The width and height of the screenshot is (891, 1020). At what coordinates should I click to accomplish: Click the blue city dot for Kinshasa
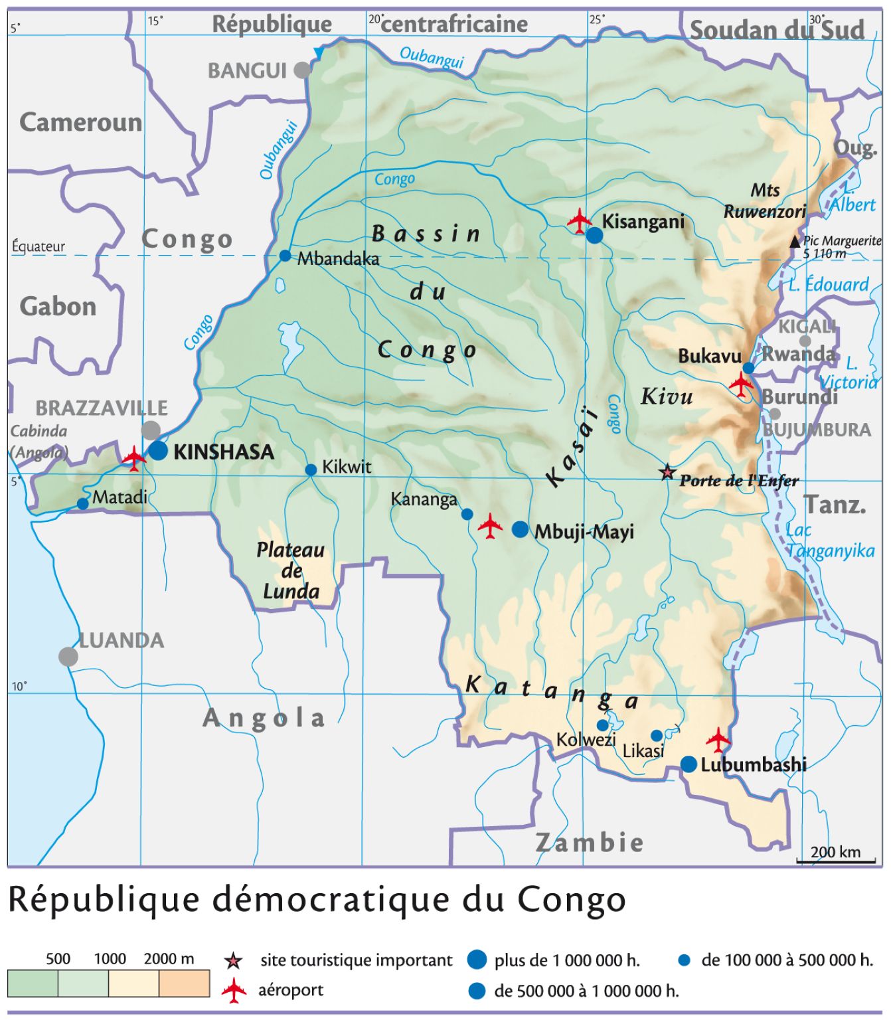(158, 450)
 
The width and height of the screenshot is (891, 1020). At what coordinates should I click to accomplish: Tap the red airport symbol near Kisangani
(580, 221)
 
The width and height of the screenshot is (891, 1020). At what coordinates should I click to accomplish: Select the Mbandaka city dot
(285, 256)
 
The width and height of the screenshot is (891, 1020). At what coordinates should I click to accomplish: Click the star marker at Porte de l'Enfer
(667, 472)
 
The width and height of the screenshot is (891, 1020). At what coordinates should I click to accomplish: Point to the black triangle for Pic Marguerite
(795, 242)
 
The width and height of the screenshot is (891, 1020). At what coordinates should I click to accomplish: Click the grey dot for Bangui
(302, 70)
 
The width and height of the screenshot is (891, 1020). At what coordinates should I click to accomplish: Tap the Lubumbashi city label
(754, 765)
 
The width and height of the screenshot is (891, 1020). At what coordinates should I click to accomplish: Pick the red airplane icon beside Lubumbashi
(718, 739)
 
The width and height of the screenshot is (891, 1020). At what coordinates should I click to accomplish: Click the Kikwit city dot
(311, 470)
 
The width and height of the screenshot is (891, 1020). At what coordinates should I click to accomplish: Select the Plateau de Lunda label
(291, 570)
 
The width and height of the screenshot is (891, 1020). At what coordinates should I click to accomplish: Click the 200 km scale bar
(836, 861)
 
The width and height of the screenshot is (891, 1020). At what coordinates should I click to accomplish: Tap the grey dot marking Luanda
(68, 657)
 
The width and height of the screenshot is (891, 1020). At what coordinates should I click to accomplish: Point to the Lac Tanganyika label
(830, 541)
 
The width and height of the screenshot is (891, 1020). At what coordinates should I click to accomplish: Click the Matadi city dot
(82, 504)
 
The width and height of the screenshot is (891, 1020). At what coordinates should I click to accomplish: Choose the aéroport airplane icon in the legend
(234, 991)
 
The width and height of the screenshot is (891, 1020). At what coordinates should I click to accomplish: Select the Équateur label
(39, 246)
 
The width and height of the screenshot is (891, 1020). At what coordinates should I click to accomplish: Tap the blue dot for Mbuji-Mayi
(521, 529)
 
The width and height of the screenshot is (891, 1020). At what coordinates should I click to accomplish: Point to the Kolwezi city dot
(602, 725)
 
